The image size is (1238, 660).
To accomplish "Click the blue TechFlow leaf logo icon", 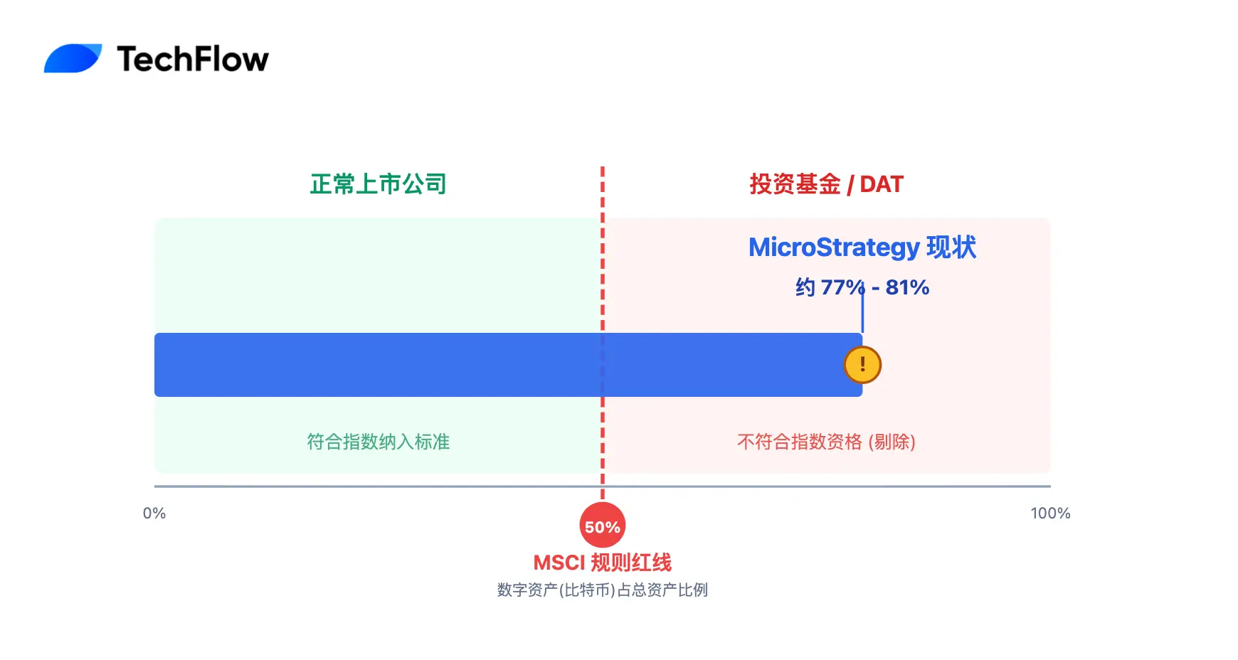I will coord(73,58).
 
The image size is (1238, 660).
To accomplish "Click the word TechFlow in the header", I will coord(193,59).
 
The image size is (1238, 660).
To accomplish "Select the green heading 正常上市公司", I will coord(378,184).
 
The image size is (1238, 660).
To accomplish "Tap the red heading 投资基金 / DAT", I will coord(825,184).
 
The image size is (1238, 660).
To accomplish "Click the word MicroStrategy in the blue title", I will coord(835,247).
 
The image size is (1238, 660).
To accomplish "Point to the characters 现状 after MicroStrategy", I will coord(951,247).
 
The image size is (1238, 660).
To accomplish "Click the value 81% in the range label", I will coord(907,287).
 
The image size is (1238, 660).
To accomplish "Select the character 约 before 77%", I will coord(805,287).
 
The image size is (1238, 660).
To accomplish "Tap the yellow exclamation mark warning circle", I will coord(862,365).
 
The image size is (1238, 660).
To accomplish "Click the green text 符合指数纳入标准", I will coord(378,442).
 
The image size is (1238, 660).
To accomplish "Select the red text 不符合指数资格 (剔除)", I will coord(825,442).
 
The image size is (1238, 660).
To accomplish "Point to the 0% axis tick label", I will coord(154,513).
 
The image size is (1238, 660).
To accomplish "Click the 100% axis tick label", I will coord(1050,513).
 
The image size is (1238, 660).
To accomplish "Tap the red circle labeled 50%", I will coord(603,526).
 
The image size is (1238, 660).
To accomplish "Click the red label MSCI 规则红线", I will coord(603,563).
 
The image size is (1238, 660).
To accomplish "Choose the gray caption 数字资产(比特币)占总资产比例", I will coord(603,590).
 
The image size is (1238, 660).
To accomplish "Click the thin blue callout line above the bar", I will coord(862,313).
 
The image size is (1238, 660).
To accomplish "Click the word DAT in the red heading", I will coord(882,184).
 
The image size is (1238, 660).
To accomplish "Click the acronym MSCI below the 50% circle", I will coord(559,563).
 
